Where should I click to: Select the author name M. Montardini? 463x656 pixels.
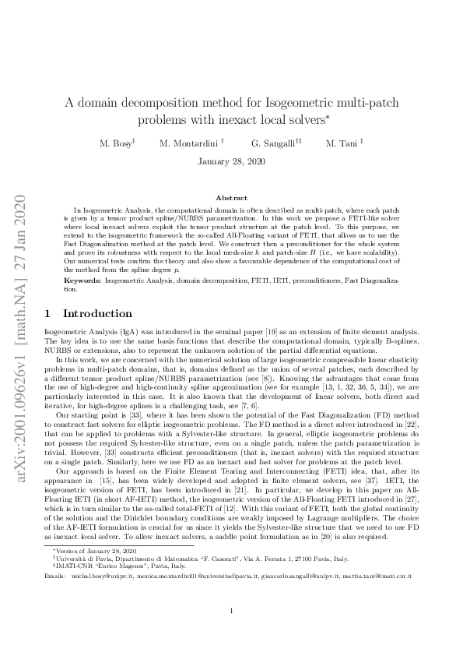point(191,144)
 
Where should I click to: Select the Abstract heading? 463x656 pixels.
point(231,199)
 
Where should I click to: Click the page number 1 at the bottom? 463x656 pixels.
point(231,611)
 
